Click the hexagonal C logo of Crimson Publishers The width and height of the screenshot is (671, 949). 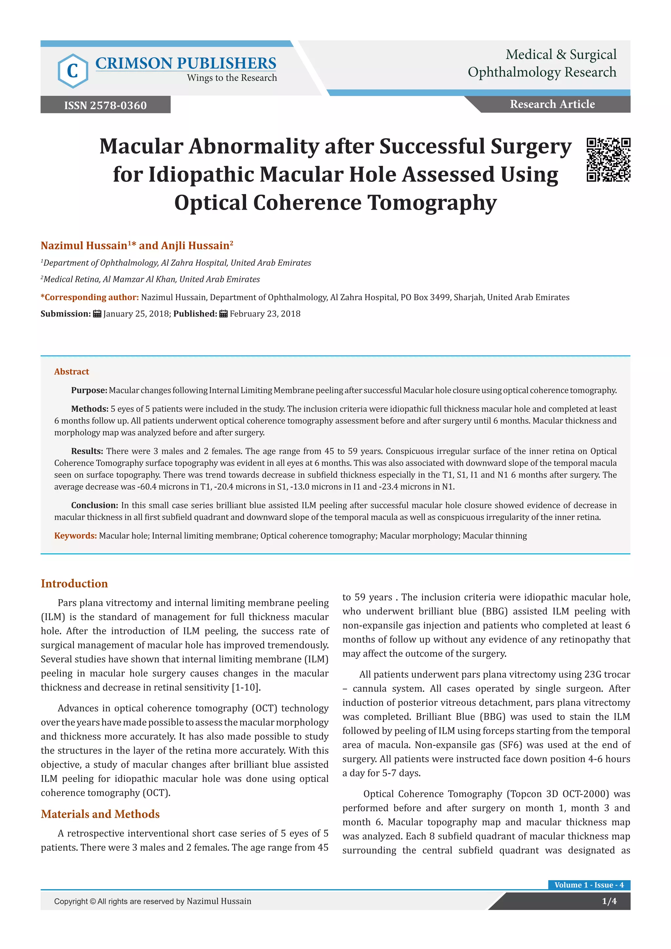[x=73, y=71]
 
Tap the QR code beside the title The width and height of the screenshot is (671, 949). [x=608, y=160]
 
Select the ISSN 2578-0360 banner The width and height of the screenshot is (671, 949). [x=105, y=105]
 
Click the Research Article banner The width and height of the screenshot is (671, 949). [x=552, y=104]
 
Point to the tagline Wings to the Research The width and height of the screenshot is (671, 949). [x=231, y=78]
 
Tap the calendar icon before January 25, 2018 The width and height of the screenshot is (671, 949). [x=97, y=314]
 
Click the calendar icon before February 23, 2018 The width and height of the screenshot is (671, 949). [x=223, y=314]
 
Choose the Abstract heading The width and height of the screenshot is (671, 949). [x=71, y=371]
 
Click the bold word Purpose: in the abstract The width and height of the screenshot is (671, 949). [x=89, y=390]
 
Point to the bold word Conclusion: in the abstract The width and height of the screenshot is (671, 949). [x=95, y=505]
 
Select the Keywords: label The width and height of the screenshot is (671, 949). [x=76, y=536]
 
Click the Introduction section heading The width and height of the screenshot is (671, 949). [x=74, y=583]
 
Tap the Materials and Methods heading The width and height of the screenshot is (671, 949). [x=100, y=814]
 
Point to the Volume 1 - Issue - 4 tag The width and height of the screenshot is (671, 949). [x=589, y=884]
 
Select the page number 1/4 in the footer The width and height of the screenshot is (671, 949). [x=609, y=901]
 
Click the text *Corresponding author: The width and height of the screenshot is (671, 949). [x=90, y=297]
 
